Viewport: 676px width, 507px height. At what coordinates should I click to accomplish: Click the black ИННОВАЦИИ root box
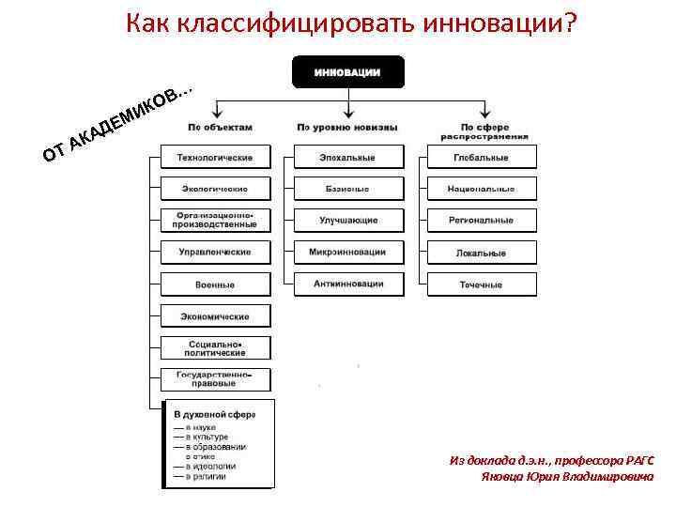click(x=347, y=72)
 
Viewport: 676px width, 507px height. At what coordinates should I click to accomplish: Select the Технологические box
click(x=215, y=157)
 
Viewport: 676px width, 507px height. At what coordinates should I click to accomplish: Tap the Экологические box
click(x=215, y=189)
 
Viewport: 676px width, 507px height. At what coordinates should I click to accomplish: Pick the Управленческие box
click(x=215, y=252)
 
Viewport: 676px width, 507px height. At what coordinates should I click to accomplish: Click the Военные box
click(x=215, y=284)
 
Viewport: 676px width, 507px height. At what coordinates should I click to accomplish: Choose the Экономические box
click(x=215, y=316)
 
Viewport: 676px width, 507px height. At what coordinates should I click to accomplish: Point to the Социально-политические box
click(x=215, y=348)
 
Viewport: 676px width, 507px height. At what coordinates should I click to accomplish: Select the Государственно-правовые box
click(x=215, y=379)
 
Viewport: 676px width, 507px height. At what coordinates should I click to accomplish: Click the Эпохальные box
click(x=348, y=157)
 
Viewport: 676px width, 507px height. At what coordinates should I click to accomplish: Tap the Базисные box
click(x=348, y=189)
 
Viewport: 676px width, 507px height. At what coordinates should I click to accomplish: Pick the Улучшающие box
click(x=348, y=221)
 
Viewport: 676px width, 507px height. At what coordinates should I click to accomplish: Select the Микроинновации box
click(x=348, y=252)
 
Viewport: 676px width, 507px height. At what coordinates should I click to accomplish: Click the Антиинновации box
click(x=348, y=284)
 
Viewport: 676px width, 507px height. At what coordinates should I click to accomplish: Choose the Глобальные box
click(x=482, y=157)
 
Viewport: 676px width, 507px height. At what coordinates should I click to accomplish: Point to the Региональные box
click(x=482, y=221)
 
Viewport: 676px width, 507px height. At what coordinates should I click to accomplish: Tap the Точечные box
click(x=482, y=284)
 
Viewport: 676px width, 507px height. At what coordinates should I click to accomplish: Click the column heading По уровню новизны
click(x=347, y=127)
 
